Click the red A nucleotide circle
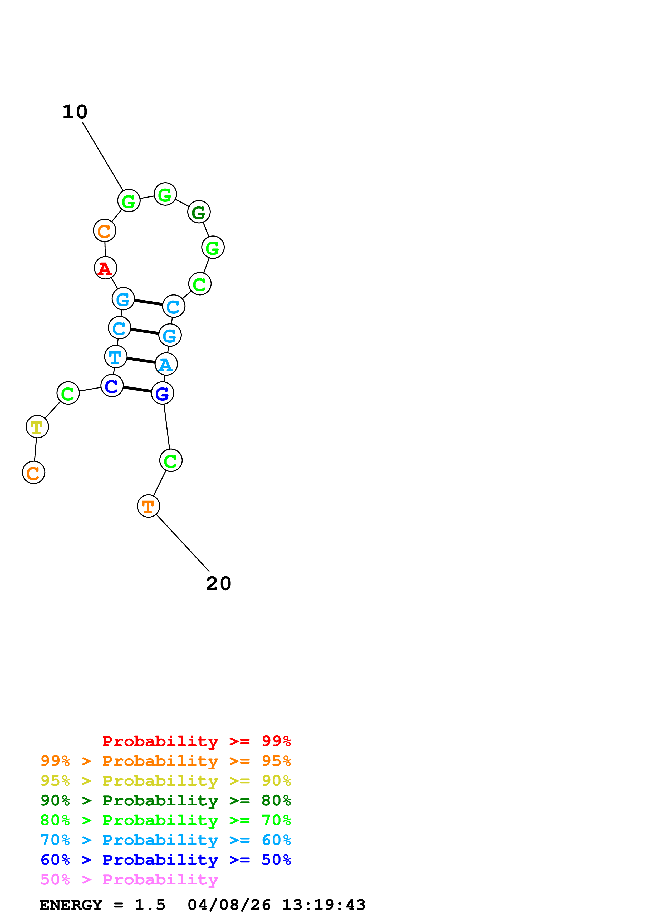(x=105, y=268)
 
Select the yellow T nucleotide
(x=37, y=427)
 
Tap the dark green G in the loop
(x=199, y=212)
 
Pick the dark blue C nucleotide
(x=112, y=386)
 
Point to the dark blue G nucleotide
(x=163, y=393)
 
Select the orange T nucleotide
(x=149, y=506)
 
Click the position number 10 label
(x=75, y=112)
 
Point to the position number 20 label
(x=218, y=583)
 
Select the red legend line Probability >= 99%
(x=196, y=741)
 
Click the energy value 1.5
(x=150, y=905)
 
